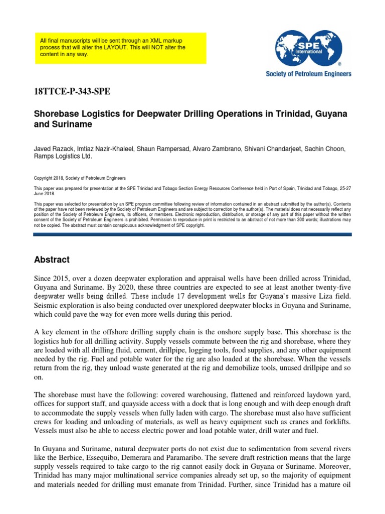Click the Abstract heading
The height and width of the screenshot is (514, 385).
[x=52, y=260]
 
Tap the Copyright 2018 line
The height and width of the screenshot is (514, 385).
[x=80, y=178]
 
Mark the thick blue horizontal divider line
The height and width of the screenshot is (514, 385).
[x=192, y=234]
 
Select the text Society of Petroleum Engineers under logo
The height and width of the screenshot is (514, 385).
[x=308, y=74]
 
